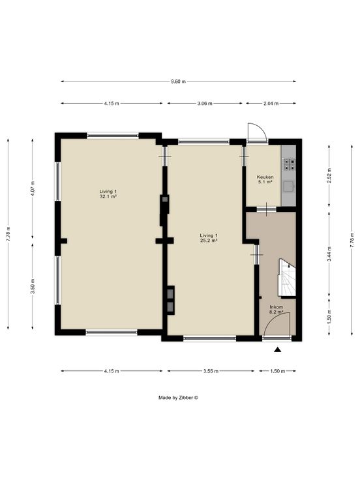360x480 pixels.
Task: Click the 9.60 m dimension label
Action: click(x=178, y=82)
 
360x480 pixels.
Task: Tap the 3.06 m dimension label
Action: click(x=205, y=104)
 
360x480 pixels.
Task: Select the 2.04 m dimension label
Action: click(x=271, y=104)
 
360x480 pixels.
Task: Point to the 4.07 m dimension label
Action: click(x=33, y=189)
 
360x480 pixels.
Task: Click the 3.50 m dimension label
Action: click(x=33, y=286)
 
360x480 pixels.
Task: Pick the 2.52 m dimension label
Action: click(x=329, y=175)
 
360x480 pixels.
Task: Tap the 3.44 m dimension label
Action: click(x=329, y=254)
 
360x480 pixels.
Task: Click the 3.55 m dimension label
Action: click(x=211, y=371)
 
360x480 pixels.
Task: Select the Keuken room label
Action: click(x=265, y=177)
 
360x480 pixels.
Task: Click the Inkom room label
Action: click(x=276, y=307)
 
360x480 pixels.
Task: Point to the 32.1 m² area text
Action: click(x=108, y=196)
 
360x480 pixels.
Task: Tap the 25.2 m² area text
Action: click(x=209, y=241)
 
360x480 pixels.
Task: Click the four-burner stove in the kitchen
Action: click(x=289, y=164)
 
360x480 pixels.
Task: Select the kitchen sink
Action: click(x=289, y=187)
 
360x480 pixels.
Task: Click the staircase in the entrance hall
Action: click(x=287, y=278)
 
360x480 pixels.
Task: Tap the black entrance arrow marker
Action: click(x=278, y=350)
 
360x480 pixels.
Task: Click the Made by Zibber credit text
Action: click(x=178, y=398)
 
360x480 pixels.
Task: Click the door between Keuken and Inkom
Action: click(x=266, y=209)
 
